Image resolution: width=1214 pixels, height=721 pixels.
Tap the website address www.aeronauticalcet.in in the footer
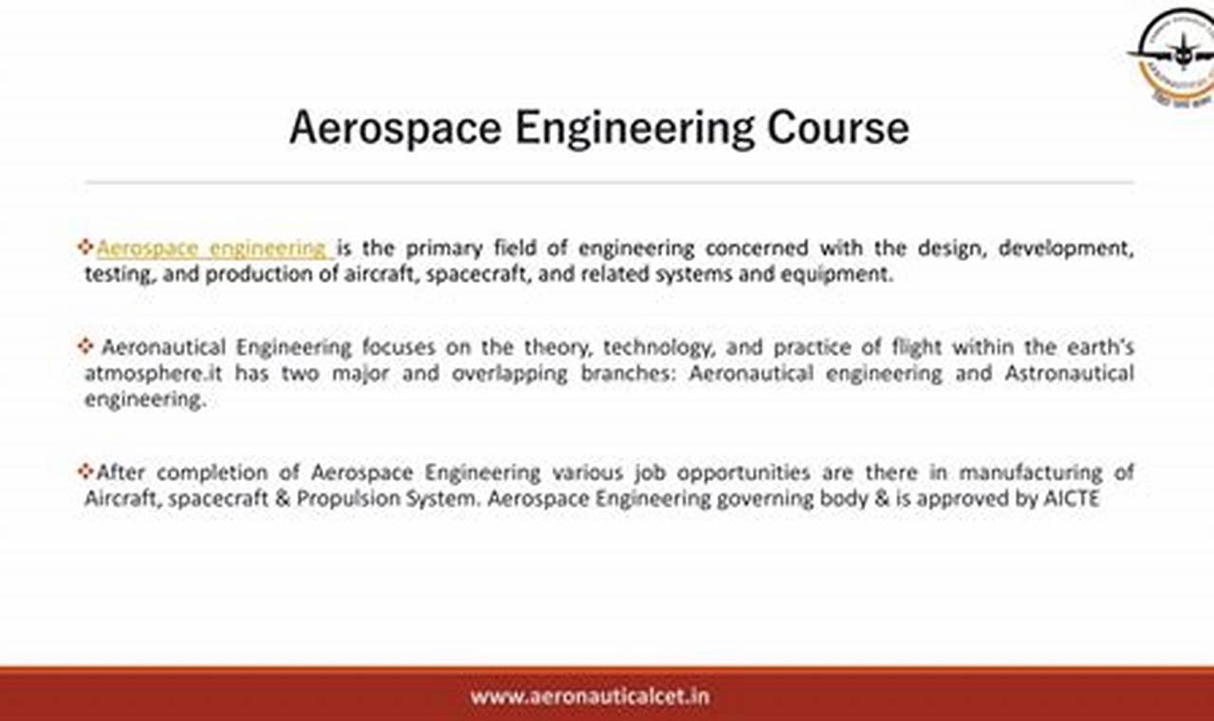(589, 696)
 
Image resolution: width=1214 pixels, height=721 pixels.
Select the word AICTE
(1071, 498)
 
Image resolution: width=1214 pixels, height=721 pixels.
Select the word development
(1067, 249)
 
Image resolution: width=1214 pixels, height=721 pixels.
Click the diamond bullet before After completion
(85, 471)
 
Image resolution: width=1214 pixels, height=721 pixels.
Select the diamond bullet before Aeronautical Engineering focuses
(85, 346)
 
